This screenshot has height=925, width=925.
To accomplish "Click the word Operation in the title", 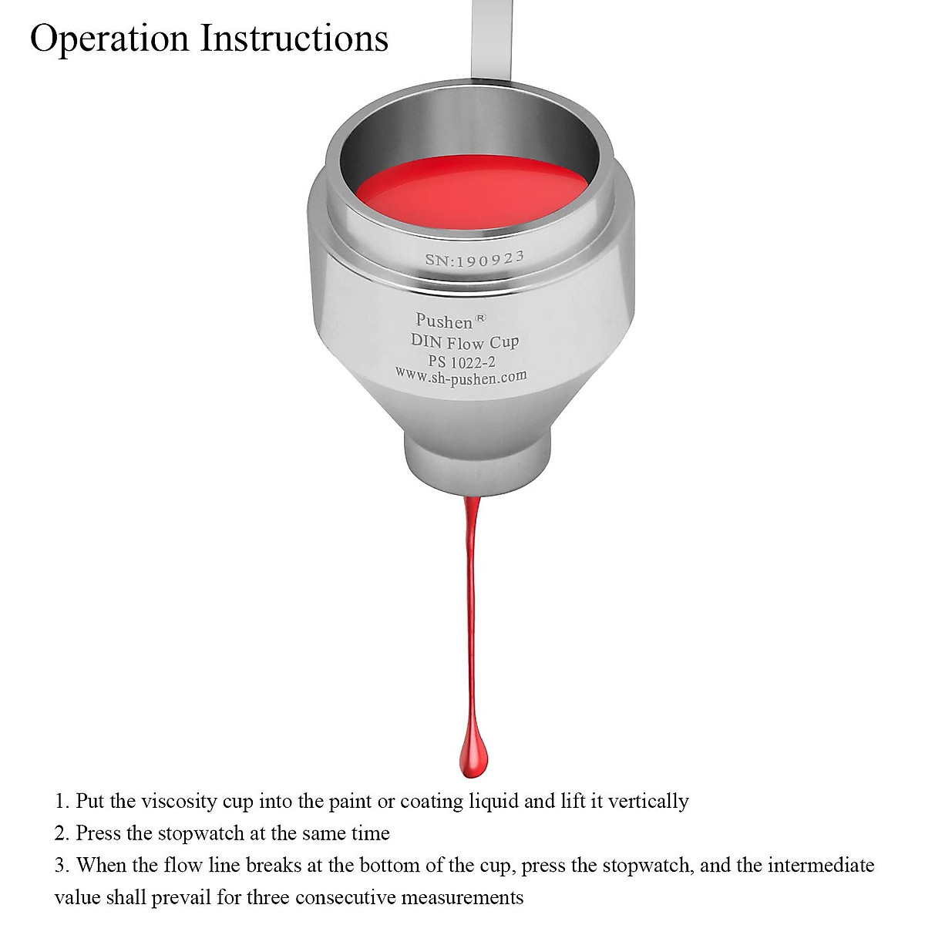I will (109, 39).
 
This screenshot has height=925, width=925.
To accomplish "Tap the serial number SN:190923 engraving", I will (475, 259).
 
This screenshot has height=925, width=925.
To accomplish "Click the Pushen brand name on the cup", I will (444, 321).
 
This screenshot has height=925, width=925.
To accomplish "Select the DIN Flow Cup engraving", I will (465, 341).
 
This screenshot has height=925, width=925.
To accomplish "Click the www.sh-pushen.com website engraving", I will (461, 375).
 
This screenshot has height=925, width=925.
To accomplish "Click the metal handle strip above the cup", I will (491, 39).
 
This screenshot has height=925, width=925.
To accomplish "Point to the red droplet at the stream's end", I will (474, 755).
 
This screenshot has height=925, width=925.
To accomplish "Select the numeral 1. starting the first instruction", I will (62, 801).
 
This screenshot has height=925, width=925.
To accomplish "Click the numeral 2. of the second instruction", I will (62, 833).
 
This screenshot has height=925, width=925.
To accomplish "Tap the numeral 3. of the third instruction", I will (62, 866).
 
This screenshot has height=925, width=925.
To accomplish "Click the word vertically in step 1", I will (648, 802).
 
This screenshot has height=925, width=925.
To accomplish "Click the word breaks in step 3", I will (274, 865).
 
